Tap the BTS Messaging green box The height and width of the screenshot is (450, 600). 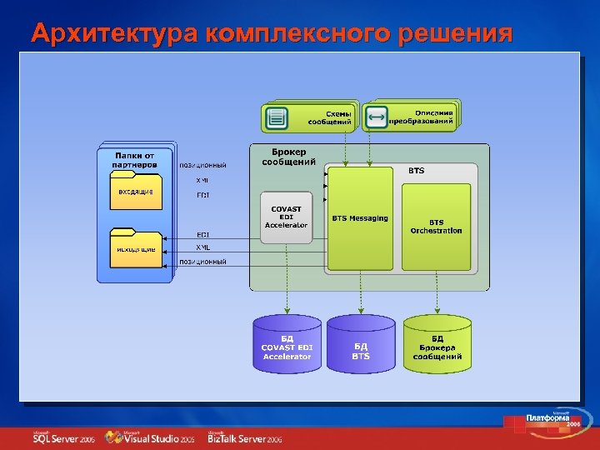point(359,219)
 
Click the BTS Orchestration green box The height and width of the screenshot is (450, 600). point(436,227)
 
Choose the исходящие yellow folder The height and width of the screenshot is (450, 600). point(135,247)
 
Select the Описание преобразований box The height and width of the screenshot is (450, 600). point(412,117)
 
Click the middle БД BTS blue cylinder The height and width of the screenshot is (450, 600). point(360,343)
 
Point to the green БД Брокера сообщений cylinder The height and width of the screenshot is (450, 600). point(437,343)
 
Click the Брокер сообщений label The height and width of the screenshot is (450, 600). point(288,157)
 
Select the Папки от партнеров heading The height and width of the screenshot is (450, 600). point(134,159)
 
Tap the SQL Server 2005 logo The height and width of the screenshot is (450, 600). point(63,438)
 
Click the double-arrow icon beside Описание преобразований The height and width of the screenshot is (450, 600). point(376,117)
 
